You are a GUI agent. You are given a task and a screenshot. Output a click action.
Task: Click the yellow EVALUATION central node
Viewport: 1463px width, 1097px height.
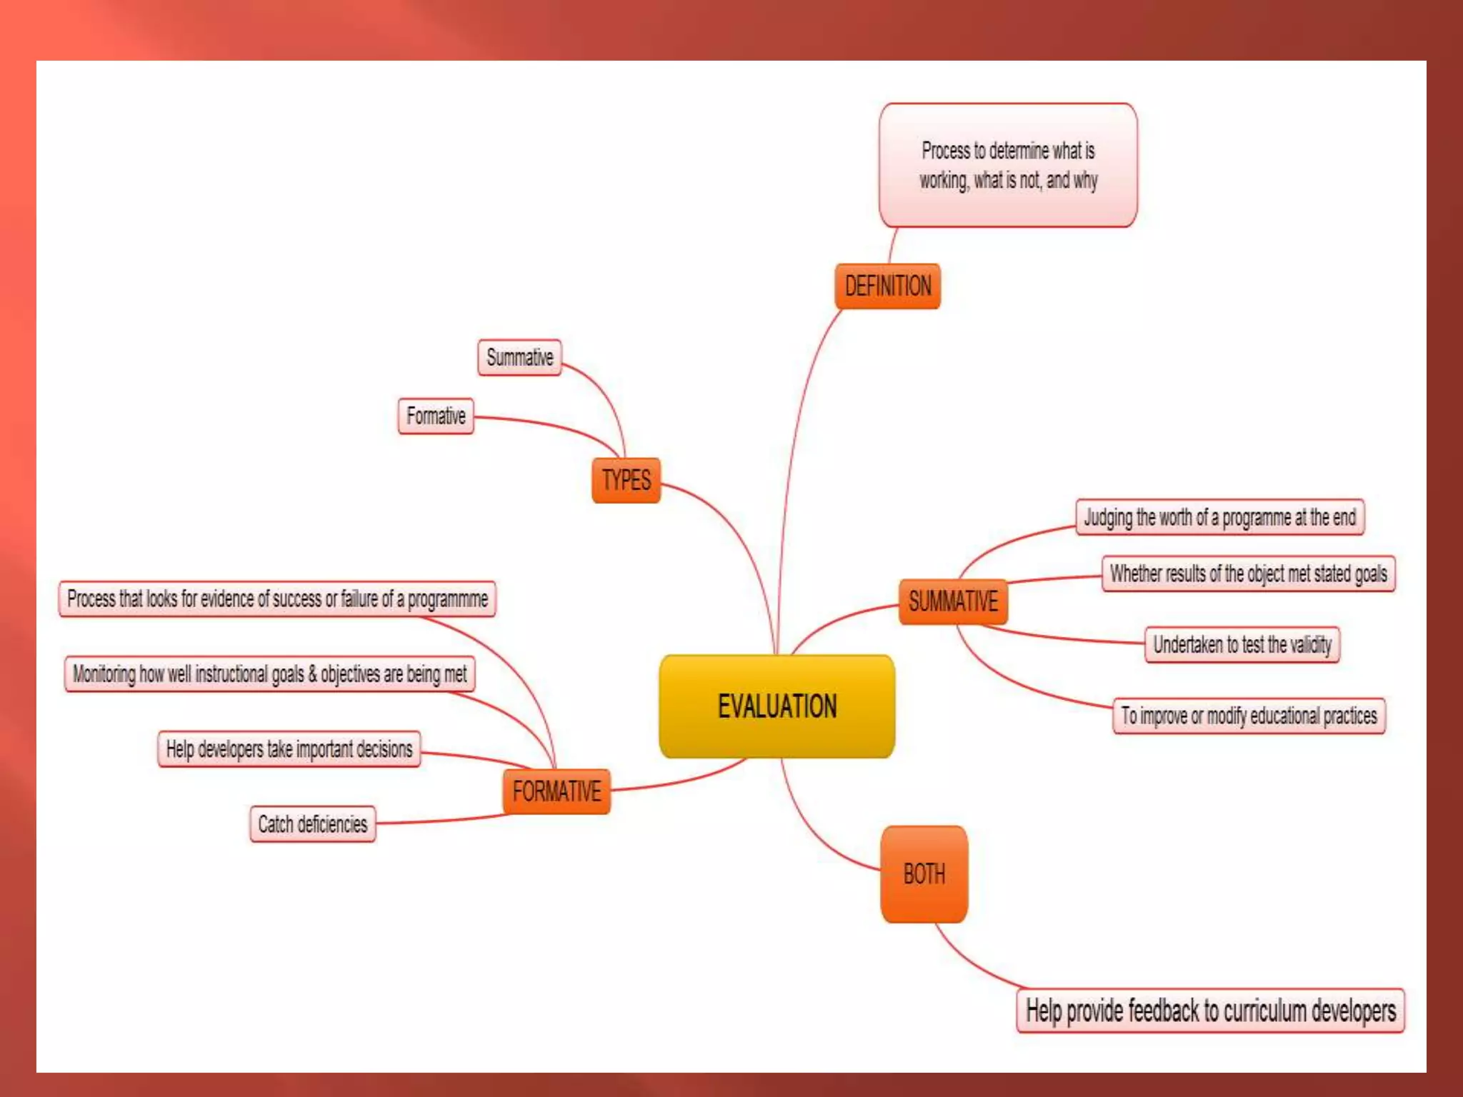[777, 706]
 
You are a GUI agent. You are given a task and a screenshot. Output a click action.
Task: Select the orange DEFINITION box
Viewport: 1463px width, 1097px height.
[887, 286]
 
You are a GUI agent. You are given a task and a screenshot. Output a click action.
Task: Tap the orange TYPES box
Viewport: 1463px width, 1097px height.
[626, 480]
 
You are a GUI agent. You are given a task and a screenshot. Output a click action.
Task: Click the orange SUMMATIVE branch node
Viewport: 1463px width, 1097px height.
[953, 601]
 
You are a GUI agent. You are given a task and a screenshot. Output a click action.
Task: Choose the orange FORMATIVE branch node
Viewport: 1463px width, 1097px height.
[556, 791]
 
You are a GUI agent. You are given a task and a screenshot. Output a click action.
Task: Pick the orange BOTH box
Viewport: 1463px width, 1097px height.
[924, 874]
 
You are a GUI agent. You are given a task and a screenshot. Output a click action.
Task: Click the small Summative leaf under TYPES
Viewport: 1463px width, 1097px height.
[519, 357]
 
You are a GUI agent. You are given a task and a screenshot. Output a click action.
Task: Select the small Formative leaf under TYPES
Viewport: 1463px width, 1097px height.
[436, 416]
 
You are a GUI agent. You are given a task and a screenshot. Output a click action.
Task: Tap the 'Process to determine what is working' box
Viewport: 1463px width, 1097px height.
[1008, 166]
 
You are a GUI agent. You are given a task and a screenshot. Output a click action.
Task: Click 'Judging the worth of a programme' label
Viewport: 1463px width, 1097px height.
[1219, 517]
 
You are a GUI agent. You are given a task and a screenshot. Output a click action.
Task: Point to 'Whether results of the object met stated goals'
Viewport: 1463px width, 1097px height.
[1248, 573]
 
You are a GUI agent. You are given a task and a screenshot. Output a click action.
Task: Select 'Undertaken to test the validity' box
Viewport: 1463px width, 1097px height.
[1242, 645]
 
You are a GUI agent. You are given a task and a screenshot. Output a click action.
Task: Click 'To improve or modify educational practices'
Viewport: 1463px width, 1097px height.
[1249, 716]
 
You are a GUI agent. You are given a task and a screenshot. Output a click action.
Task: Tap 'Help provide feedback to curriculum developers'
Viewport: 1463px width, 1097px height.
[1210, 1011]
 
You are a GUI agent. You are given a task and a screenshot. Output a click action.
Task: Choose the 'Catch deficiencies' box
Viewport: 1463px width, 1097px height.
[313, 824]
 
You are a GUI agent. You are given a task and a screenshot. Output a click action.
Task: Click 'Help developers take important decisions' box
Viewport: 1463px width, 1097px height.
[289, 749]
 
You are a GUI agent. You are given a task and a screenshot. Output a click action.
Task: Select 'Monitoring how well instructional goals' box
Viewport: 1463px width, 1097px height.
[270, 674]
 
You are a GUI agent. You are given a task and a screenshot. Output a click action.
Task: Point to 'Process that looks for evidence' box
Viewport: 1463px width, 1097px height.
[277, 598]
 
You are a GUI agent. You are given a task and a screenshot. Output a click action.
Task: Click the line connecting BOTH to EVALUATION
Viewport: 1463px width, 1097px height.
[807, 828]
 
